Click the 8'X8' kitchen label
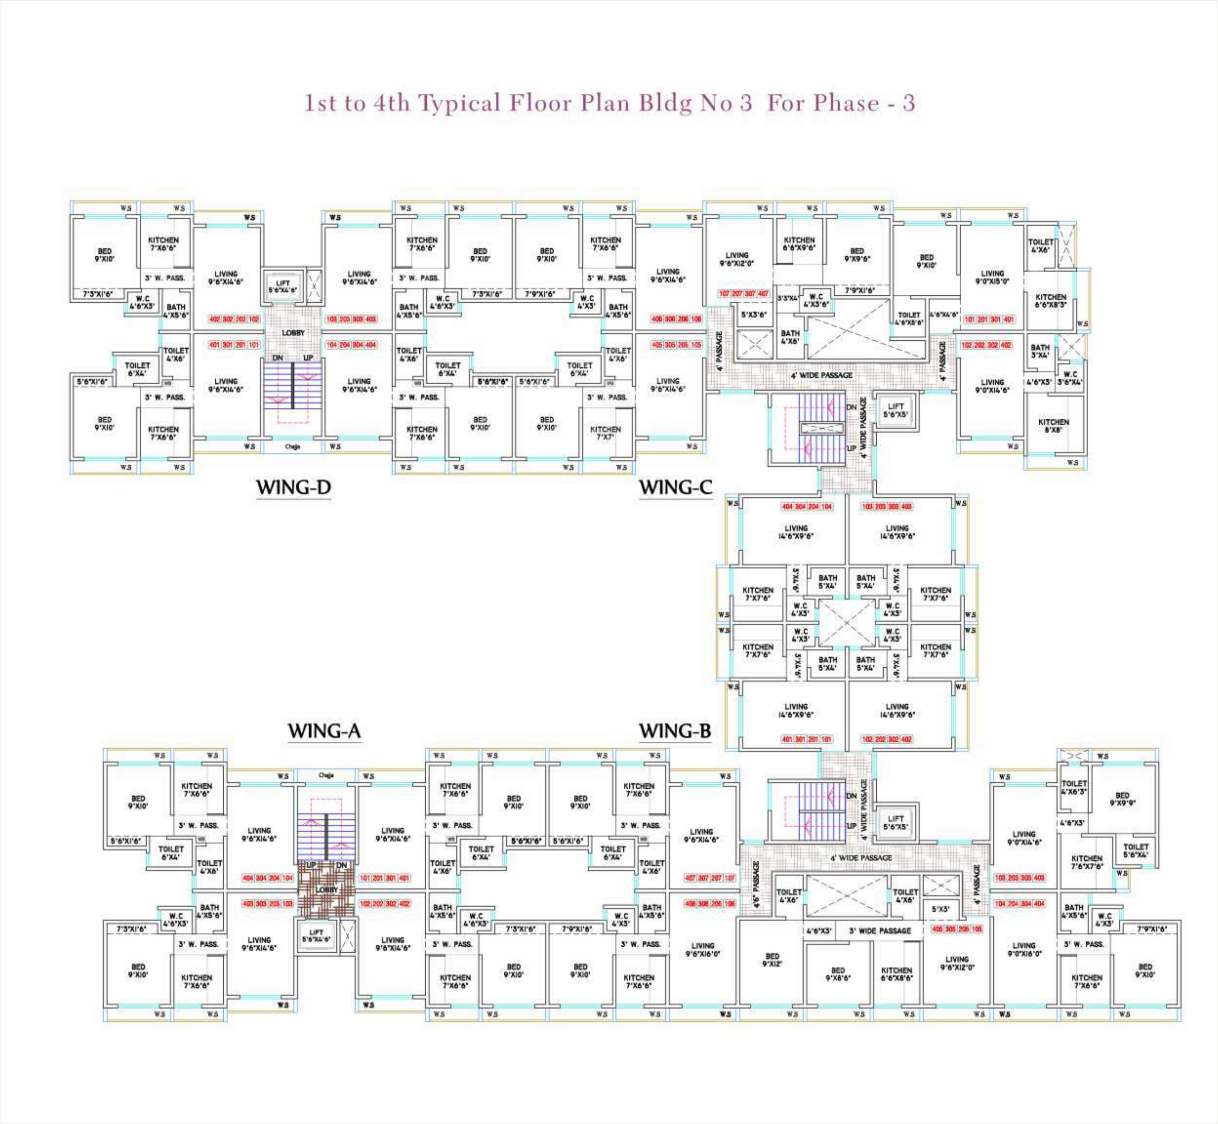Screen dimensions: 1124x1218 pos(1053,425)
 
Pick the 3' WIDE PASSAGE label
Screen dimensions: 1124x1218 pos(880,931)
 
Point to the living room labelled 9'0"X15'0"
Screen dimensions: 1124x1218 pos(992,277)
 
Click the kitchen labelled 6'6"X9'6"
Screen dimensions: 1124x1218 pos(799,244)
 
